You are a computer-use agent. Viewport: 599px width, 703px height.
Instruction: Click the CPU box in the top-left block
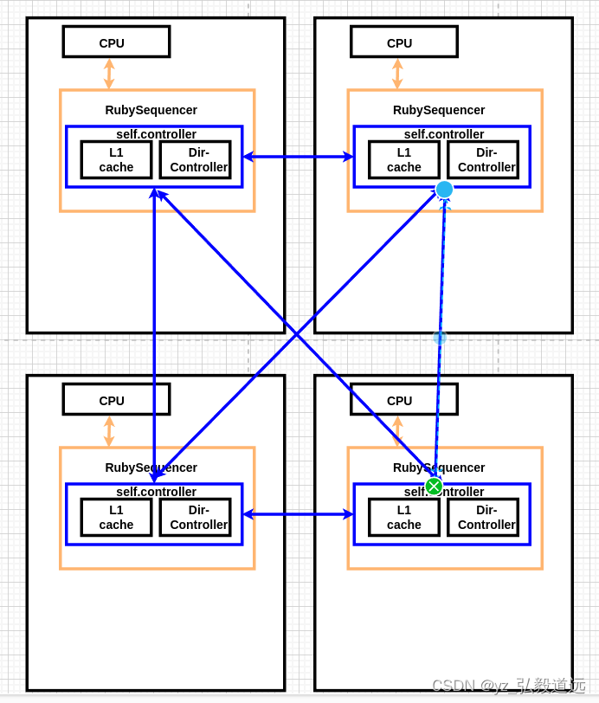[116, 42]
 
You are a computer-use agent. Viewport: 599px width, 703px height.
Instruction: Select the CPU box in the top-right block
[403, 42]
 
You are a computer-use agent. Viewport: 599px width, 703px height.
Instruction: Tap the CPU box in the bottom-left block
[116, 399]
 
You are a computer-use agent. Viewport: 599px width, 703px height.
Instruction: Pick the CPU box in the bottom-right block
[403, 399]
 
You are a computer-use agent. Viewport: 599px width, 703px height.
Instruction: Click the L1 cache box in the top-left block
[116, 160]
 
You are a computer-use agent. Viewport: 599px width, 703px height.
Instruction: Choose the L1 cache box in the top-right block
[403, 160]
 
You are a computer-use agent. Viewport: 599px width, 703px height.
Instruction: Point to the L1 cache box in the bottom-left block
[116, 517]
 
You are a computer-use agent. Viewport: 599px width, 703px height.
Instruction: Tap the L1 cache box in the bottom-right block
[403, 517]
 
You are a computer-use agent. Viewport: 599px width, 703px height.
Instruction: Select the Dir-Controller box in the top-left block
[196, 160]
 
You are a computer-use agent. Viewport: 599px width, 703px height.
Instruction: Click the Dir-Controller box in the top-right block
[483, 160]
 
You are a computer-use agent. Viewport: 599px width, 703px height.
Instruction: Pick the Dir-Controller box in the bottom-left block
[196, 517]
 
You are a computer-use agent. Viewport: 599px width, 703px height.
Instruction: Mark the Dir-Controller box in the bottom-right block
[483, 517]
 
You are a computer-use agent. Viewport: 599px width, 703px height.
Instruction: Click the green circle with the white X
[434, 487]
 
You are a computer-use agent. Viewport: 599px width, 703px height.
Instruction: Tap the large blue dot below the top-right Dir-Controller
[444, 190]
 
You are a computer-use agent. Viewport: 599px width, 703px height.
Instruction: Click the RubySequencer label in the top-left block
[151, 110]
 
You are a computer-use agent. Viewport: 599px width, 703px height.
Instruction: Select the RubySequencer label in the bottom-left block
[151, 468]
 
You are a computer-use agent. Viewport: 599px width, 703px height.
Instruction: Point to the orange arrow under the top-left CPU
[109, 74]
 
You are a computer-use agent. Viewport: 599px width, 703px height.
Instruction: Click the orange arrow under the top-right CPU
[397, 74]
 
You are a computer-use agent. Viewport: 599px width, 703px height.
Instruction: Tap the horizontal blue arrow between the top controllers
[298, 157]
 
